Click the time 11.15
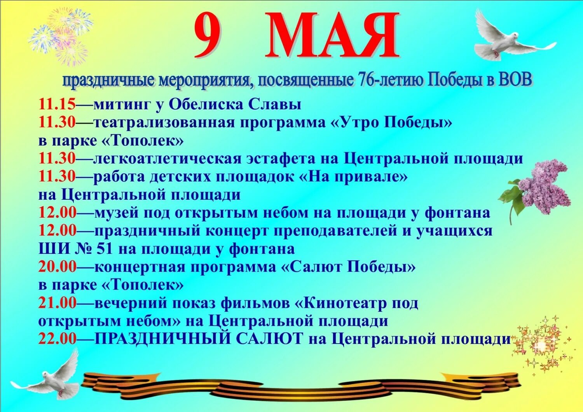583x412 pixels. tap(57, 105)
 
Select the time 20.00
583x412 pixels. tap(58, 267)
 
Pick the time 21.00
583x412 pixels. tap(58, 303)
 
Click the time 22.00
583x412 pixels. tap(58, 339)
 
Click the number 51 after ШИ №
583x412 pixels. tap(104, 249)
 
